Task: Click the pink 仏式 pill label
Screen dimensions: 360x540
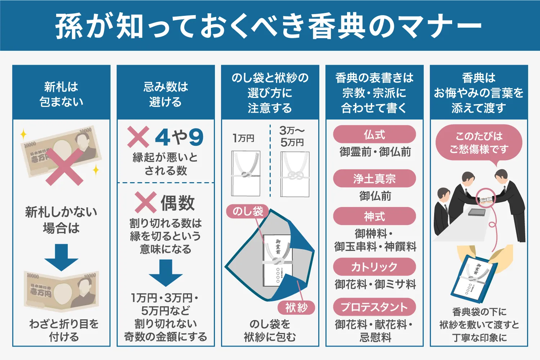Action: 374,135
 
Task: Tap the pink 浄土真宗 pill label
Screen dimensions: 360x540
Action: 374,179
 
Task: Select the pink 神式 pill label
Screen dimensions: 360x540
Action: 374,216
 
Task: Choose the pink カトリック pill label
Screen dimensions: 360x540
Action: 374,267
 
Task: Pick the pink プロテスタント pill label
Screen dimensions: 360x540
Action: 374,307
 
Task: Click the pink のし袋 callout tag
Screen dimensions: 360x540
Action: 248,211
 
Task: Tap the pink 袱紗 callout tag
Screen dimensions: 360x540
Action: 296,307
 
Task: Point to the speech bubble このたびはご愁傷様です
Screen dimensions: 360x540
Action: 478,143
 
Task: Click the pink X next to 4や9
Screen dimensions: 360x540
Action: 138,137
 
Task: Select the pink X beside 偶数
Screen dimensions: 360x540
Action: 145,202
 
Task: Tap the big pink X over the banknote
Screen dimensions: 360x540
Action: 64,167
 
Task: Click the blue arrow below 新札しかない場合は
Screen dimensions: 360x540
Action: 61,257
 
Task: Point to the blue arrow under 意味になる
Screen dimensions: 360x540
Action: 166,273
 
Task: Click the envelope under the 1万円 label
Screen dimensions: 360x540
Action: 246,174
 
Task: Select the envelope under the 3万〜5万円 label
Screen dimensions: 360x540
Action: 295,174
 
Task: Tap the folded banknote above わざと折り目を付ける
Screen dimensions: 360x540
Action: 61,291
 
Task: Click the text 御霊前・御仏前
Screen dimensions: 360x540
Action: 375,152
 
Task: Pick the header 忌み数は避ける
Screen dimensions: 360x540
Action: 166,94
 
